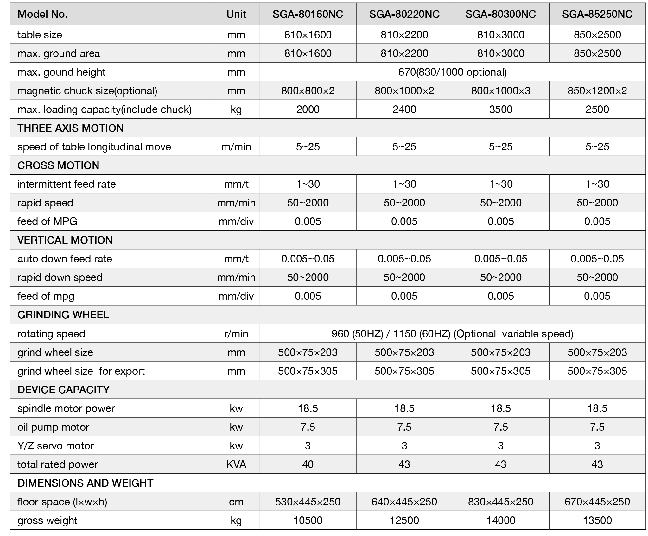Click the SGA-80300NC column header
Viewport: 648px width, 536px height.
point(500,14)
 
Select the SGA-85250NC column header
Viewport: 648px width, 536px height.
point(597,14)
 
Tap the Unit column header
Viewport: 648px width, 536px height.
point(236,14)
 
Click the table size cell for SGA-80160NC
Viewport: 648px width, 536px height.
point(308,34)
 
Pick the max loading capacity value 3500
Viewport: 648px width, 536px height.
point(500,109)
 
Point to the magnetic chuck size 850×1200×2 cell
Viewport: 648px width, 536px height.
point(597,91)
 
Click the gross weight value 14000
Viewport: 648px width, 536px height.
point(500,520)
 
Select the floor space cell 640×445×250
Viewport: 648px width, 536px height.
point(404,502)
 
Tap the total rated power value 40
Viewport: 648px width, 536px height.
point(308,464)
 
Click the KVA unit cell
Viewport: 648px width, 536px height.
point(236,464)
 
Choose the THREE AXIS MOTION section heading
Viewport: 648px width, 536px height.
point(70,128)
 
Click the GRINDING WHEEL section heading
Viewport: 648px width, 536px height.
point(63,315)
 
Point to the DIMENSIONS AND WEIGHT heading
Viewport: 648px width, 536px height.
point(85,483)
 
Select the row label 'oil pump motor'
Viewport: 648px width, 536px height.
point(53,427)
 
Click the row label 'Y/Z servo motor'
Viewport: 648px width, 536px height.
point(55,446)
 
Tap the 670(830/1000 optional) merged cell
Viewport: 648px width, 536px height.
point(452,72)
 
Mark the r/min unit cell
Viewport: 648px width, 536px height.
point(236,334)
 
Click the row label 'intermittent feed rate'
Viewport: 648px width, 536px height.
point(67,184)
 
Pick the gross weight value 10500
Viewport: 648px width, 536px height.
point(308,520)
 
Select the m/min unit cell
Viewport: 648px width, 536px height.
point(236,147)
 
